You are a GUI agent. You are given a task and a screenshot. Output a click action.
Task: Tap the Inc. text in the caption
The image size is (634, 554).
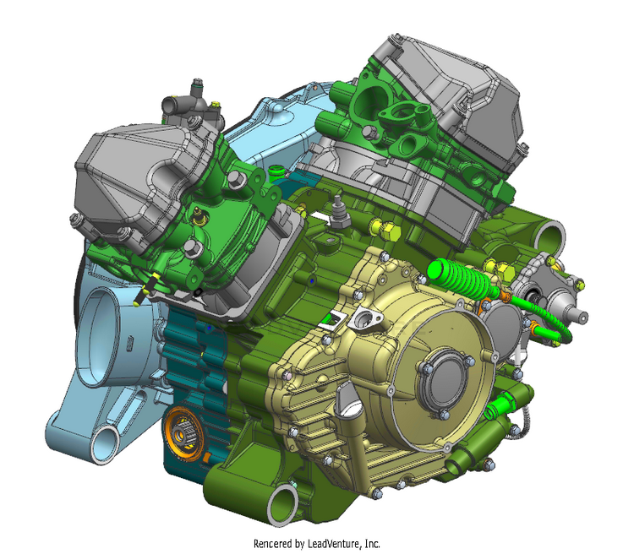[373, 543]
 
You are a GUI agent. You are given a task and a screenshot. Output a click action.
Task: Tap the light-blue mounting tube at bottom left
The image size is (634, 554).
[107, 444]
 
